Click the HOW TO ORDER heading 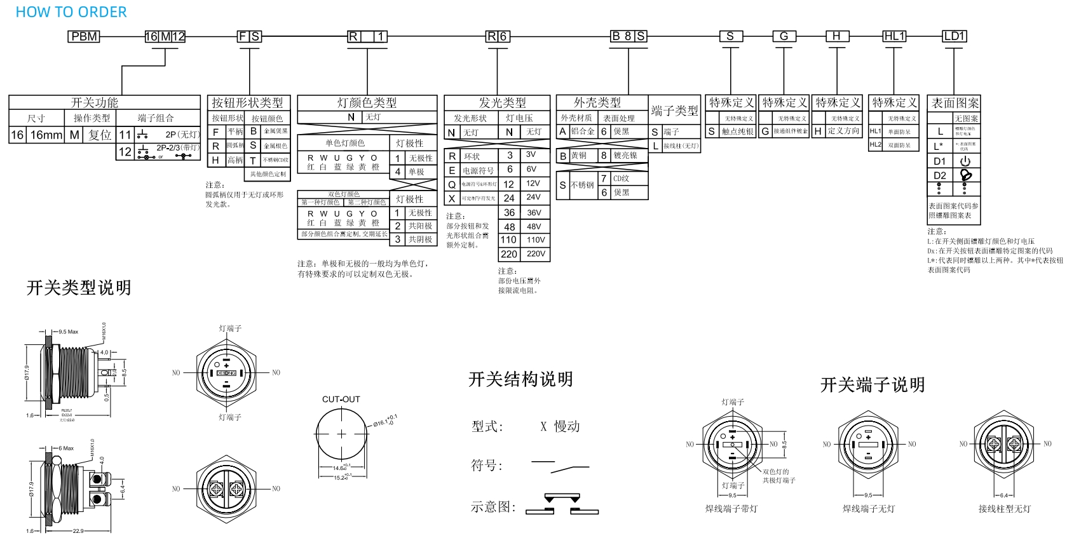[71, 12]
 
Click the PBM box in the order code [84, 36]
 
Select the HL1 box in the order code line [894, 36]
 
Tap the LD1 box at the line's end [954, 36]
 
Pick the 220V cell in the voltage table [536, 254]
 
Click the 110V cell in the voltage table [536, 240]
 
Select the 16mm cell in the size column [46, 135]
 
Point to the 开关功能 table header [94, 102]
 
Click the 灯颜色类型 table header [367, 102]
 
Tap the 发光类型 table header [502, 102]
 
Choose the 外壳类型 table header [597, 102]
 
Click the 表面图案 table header [955, 103]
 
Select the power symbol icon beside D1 [965, 161]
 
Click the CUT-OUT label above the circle [341, 400]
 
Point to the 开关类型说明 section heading [79, 288]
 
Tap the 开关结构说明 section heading [520, 379]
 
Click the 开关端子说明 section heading [872, 384]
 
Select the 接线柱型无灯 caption [1004, 509]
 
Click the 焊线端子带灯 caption [731, 509]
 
